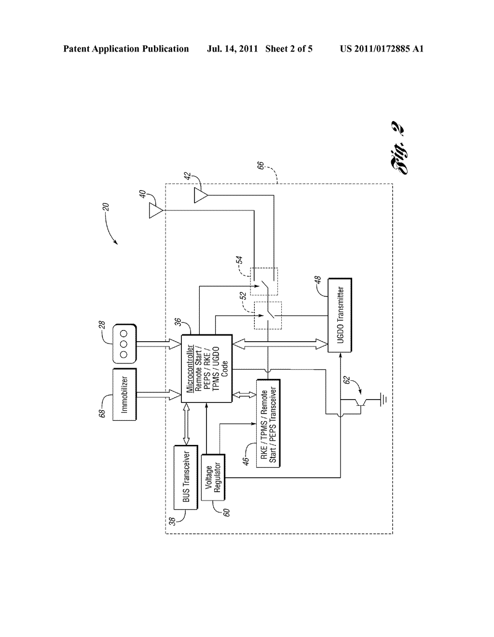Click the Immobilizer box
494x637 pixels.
(x=124, y=395)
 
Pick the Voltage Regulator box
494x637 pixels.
(x=213, y=478)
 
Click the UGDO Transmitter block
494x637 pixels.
(x=340, y=315)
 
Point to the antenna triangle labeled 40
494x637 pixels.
(x=155, y=211)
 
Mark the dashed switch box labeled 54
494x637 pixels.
(x=263, y=281)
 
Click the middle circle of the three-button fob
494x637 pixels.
(x=124, y=344)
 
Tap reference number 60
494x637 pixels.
(x=225, y=511)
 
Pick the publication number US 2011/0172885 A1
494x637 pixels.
(x=381, y=49)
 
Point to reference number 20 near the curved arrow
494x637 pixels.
(x=107, y=207)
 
